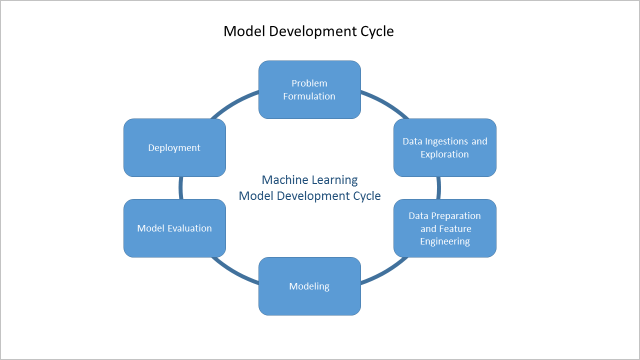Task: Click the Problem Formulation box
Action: pyautogui.click(x=310, y=89)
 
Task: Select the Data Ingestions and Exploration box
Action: pyautogui.click(x=445, y=148)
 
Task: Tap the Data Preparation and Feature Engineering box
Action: pyautogui.click(x=445, y=228)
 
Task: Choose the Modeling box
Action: pyautogui.click(x=310, y=286)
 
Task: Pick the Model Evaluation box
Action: pyautogui.click(x=174, y=228)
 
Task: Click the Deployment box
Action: pyautogui.click(x=174, y=148)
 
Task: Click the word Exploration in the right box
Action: pyautogui.click(x=445, y=156)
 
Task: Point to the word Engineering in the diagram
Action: pyautogui.click(x=445, y=241)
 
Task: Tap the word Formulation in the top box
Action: pyautogui.click(x=310, y=97)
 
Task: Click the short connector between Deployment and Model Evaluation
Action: pyautogui.click(x=181, y=188)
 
